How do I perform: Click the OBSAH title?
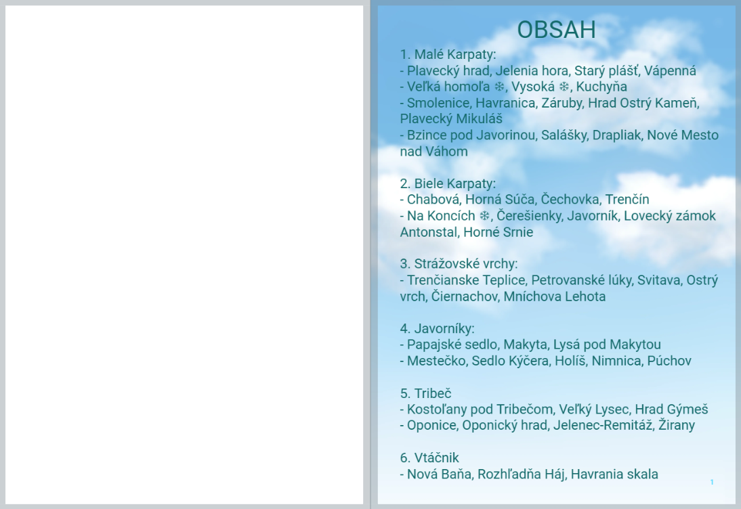pyautogui.click(x=556, y=30)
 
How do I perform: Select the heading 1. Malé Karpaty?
pyautogui.click(x=448, y=55)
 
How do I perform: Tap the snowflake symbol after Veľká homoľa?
pyautogui.click(x=499, y=87)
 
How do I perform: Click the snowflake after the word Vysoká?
pyautogui.click(x=564, y=87)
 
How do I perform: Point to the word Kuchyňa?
pyautogui.click(x=601, y=87)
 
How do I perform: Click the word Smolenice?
pyautogui.click(x=438, y=103)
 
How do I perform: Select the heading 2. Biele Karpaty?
pyautogui.click(x=448, y=183)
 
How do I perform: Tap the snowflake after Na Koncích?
pyautogui.click(x=484, y=216)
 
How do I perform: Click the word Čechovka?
pyautogui.click(x=570, y=199)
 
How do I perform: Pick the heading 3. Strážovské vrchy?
pyautogui.click(x=459, y=263)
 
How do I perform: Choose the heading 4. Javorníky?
pyautogui.click(x=437, y=328)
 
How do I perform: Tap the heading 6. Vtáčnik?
pyautogui.click(x=429, y=458)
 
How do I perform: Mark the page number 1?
pyautogui.click(x=712, y=482)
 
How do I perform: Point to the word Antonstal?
pyautogui.click(x=429, y=232)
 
